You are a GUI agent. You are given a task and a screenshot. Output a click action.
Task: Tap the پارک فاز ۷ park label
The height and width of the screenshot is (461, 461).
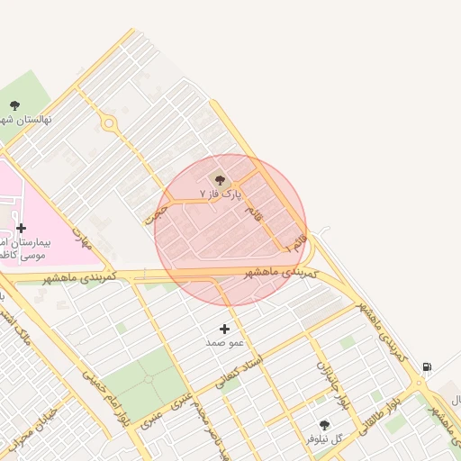221,194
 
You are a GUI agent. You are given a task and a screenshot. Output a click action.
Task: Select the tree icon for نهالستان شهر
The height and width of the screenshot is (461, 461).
15,104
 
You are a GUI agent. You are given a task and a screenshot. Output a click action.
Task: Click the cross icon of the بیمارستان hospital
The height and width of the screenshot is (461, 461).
21,228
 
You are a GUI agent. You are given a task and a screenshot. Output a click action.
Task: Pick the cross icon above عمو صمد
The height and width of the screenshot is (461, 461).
225,329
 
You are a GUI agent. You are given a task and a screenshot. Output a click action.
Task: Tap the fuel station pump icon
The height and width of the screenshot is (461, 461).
426,366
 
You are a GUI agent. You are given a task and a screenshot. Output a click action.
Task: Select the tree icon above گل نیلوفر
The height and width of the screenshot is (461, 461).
324,425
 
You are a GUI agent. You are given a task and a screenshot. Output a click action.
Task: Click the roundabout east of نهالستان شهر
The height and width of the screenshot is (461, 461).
110,123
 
